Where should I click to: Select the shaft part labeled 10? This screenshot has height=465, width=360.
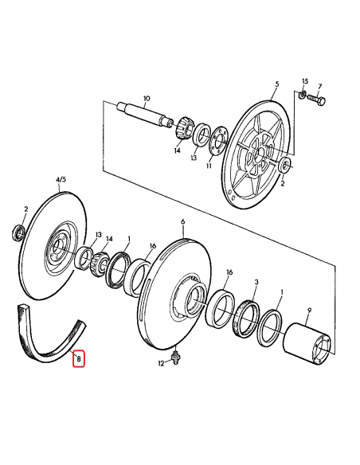pos(144,113)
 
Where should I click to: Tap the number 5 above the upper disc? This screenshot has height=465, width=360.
pos(276,84)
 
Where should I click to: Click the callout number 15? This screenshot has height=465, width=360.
pos(304,82)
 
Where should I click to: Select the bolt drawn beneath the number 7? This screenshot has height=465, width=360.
pos(319,100)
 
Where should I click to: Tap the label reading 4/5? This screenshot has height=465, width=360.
pos(61,181)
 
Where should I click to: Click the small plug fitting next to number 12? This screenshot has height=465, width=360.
pos(175,355)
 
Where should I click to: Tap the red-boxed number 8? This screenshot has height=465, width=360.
pos(78,359)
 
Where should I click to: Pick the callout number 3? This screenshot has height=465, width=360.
pos(255,282)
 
